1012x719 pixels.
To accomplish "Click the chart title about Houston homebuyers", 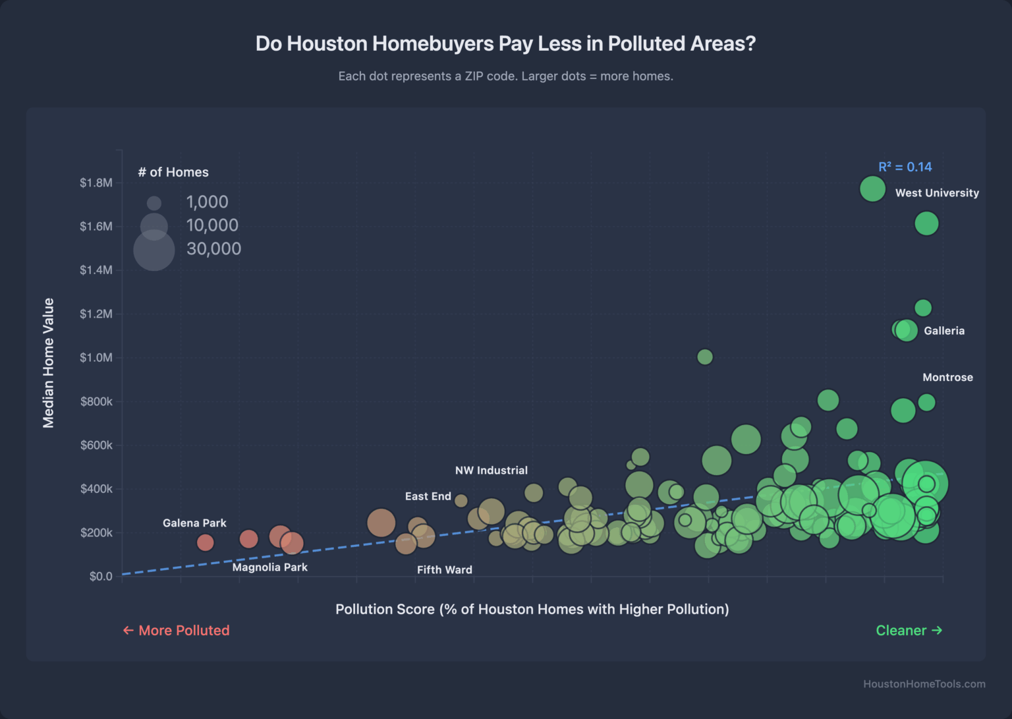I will click(505, 43).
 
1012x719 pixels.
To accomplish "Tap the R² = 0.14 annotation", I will click(905, 167).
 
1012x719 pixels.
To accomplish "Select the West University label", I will click(936, 193).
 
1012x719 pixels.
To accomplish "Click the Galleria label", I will click(943, 331).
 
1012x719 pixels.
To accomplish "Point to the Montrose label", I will click(947, 378).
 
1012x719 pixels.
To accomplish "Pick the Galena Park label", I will click(194, 523).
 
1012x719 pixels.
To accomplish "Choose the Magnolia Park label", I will click(269, 567).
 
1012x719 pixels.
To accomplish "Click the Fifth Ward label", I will click(444, 570).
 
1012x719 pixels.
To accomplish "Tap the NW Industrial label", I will click(491, 471).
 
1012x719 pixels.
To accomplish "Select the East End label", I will click(428, 496).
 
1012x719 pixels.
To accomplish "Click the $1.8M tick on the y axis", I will click(96, 183).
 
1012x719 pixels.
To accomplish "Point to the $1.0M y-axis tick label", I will click(96, 358).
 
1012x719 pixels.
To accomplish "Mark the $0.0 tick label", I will click(101, 577).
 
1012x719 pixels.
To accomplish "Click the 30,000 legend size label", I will click(213, 248).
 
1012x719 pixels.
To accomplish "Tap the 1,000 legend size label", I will click(207, 202).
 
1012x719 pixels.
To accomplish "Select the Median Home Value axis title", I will click(49, 363).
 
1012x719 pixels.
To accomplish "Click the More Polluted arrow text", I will click(176, 631).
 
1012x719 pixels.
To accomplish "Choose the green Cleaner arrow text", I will click(909, 631).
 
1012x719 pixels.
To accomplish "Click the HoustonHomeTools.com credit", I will click(924, 684).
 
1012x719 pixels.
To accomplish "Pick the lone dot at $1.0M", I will click(704, 357).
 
